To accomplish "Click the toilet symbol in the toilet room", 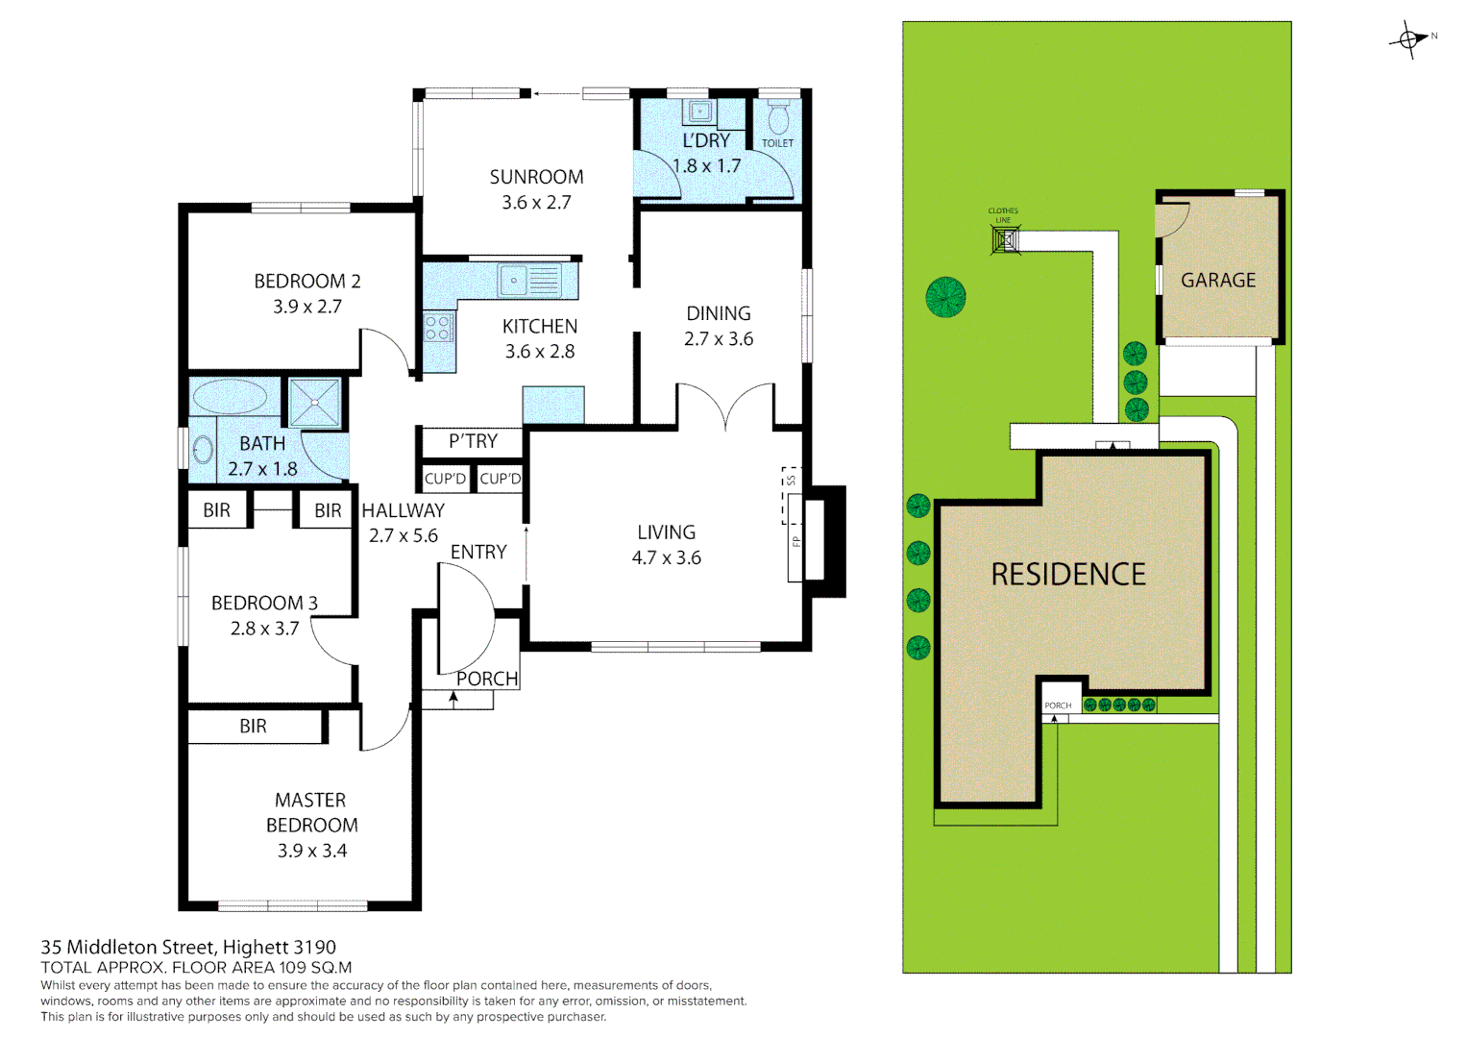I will [778, 118].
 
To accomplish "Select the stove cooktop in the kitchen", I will [439, 328].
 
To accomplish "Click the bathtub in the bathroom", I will [230, 396].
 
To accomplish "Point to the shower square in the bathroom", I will [315, 402].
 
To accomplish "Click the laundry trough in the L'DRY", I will [699, 111].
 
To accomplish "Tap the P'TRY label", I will [473, 441].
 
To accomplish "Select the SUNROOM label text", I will [536, 177].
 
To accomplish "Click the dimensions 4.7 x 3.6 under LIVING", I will [666, 557].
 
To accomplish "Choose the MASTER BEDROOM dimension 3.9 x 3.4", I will [311, 851].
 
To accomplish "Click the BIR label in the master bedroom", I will [253, 727].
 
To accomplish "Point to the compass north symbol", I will [1410, 39].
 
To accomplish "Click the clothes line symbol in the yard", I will [1005, 238].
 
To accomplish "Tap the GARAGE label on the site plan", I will [1217, 281].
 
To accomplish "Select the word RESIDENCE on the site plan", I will [1067, 575].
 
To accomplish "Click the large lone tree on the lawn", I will [945, 297].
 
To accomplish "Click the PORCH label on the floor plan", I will [486, 679].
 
